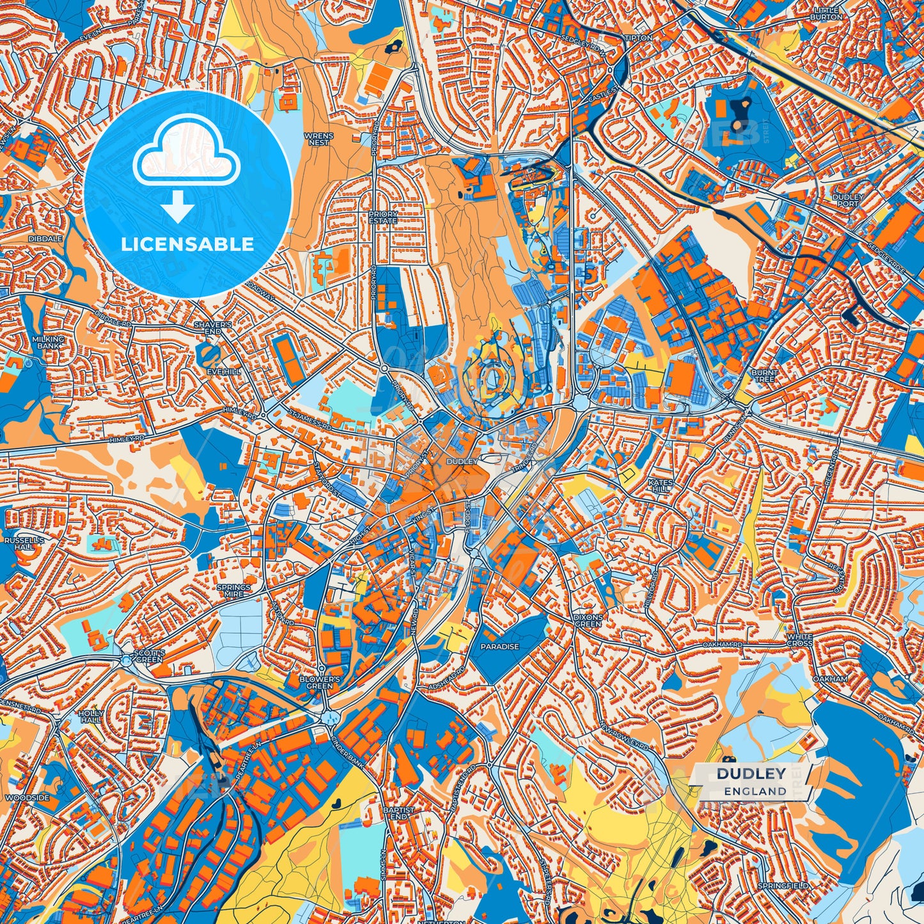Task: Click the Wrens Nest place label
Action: (318, 139)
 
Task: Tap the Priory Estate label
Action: (383, 217)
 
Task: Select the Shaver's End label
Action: (213, 327)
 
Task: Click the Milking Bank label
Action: (49, 342)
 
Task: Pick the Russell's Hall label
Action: (24, 544)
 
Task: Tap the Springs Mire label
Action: (233, 590)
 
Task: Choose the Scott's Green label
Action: (150, 655)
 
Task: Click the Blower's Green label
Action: (319, 682)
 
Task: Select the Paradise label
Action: (500, 646)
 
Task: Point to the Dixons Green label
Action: (588, 620)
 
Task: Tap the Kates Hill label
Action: (661, 485)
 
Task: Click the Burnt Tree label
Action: (764, 375)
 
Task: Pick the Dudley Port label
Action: (849, 200)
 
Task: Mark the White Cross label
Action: (799, 639)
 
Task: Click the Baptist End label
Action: (399, 813)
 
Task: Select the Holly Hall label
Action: (90, 716)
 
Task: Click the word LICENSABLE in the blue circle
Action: (188, 244)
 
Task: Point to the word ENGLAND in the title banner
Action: (755, 791)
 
